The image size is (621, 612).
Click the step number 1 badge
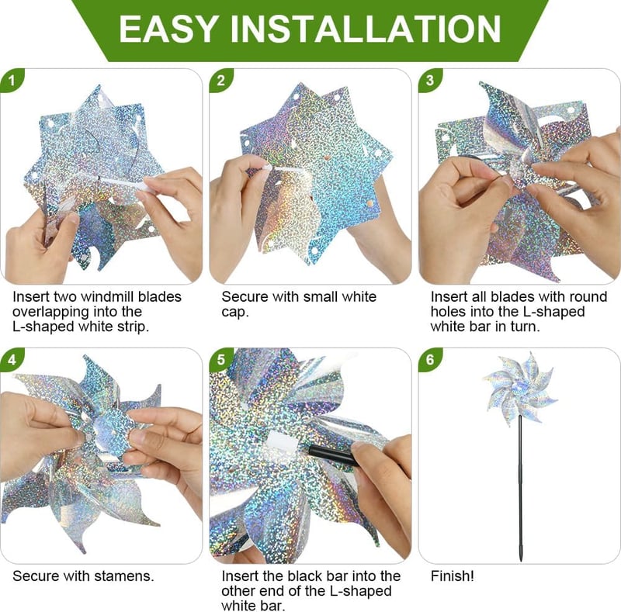(12, 81)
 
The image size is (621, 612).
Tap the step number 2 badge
(220, 81)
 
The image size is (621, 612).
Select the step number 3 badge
(430, 81)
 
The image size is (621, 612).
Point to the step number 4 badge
(12, 359)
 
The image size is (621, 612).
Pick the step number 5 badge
(220, 359)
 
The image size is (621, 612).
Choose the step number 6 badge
(430, 359)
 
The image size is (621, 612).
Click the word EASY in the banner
(167, 29)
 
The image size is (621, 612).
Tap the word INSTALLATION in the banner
(366, 29)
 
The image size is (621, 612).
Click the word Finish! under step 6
(452, 576)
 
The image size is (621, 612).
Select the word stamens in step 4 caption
(127, 576)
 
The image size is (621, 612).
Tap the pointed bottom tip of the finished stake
(520, 560)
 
